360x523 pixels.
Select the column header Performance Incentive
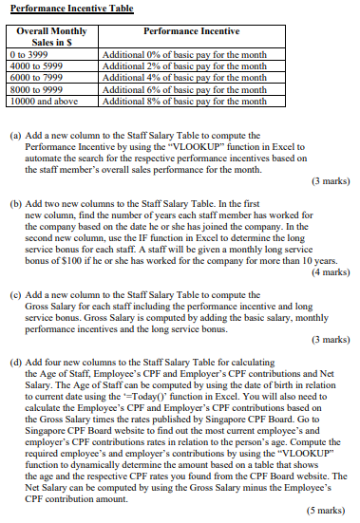[x=191, y=31]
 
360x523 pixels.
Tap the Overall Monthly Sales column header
[x=51, y=37]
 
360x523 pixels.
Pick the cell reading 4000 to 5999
[x=34, y=65]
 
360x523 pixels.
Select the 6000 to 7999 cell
[x=34, y=77]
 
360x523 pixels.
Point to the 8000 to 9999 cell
[x=34, y=88]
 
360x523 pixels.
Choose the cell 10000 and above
[x=40, y=100]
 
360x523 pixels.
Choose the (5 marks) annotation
[x=325, y=510]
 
